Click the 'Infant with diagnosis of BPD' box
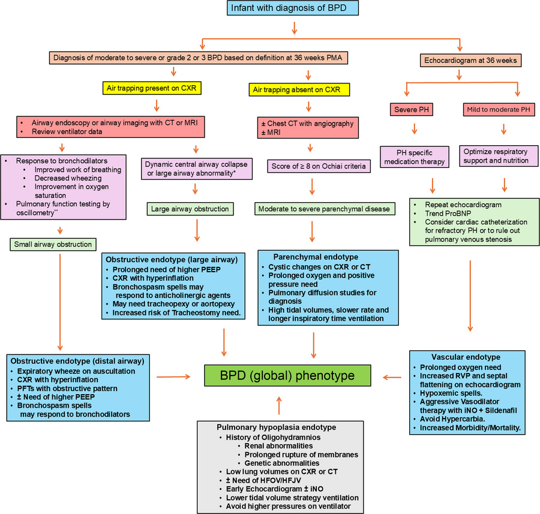click(x=293, y=8)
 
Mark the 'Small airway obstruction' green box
click(x=52, y=244)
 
